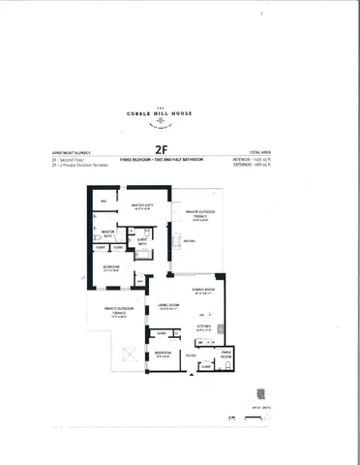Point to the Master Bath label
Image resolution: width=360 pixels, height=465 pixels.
108,232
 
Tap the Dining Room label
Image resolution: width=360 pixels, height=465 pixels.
203,290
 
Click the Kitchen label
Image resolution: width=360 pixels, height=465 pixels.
204,328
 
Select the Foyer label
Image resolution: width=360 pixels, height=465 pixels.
191,356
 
